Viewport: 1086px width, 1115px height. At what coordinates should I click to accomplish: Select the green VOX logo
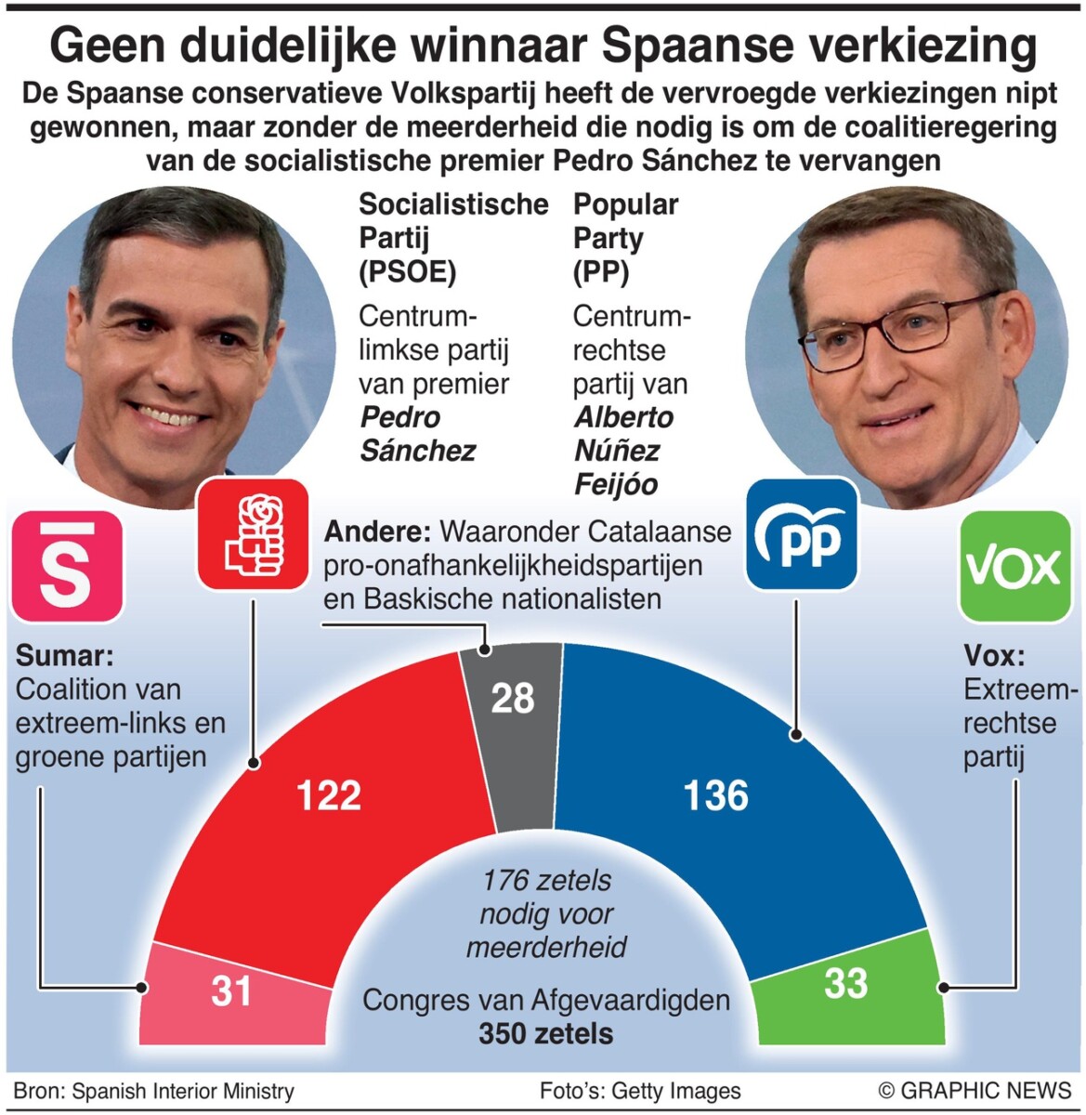coord(1013,566)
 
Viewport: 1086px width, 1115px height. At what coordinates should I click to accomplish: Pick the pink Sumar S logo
coord(67,566)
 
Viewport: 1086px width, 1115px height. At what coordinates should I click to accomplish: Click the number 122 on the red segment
coord(328,796)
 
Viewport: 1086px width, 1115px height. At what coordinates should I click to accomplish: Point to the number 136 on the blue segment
coord(715,796)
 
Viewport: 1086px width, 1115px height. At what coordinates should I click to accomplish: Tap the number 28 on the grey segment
coord(512,699)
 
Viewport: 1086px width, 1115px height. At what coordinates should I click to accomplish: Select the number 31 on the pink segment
coord(231,991)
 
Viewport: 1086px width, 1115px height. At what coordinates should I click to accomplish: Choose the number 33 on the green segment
coord(845,984)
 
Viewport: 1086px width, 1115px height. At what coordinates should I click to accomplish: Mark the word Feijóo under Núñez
coord(616,484)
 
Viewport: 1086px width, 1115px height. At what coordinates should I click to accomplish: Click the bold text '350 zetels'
coord(546,1033)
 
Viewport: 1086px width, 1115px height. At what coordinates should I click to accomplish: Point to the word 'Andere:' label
coord(376,531)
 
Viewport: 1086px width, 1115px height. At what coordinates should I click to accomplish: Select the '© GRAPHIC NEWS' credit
coord(975,1090)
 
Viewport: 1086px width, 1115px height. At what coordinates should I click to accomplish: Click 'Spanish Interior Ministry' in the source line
coord(183,1091)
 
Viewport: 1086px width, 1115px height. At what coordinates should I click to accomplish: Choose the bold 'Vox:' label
coord(994,656)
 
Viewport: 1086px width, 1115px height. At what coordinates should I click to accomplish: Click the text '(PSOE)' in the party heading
coord(408,271)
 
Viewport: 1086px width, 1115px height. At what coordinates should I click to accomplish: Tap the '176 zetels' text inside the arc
coord(547,880)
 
